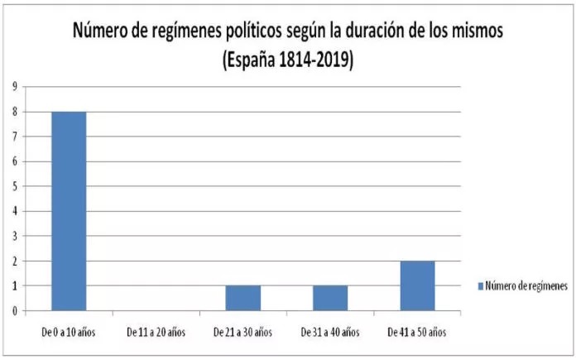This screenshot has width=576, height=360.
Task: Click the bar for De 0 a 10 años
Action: tap(69, 211)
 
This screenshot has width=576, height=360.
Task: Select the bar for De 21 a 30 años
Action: tap(242, 298)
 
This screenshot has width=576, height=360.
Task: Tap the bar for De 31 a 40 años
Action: tap(330, 298)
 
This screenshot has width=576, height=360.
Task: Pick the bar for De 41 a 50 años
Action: tap(417, 286)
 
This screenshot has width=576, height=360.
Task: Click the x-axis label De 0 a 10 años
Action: tap(69, 333)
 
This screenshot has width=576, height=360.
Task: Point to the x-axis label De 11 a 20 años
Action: tap(156, 333)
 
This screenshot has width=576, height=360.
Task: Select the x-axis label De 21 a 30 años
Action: tap(242, 333)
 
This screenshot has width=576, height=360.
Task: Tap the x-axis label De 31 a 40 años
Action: tap(330, 333)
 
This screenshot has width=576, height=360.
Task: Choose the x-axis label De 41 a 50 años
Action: tap(417, 333)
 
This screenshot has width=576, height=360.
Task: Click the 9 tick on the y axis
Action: tap(14, 86)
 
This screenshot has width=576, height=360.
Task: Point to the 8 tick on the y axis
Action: tap(14, 112)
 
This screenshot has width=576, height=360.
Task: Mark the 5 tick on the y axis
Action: tap(14, 186)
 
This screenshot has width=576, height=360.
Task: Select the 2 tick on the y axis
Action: tap(14, 261)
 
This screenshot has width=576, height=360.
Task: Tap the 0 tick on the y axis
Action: tap(14, 311)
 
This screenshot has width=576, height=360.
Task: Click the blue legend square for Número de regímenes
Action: tap(482, 286)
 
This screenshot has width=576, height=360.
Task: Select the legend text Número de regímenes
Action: tap(527, 286)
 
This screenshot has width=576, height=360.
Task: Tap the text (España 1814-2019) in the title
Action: tap(287, 60)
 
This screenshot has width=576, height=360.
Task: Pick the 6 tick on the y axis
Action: tap(14, 161)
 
